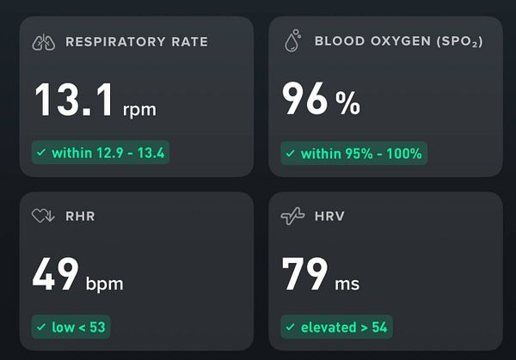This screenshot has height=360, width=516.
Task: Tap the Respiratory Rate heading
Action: point(136,42)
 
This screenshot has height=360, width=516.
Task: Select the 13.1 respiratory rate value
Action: point(74,100)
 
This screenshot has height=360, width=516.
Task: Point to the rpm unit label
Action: point(139,109)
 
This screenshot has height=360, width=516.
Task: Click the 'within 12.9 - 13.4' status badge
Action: point(101,153)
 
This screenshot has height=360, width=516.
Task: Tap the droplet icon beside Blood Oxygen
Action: point(292,40)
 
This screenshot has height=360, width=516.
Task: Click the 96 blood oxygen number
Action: point(305,100)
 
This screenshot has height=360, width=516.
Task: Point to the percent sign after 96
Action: point(347,103)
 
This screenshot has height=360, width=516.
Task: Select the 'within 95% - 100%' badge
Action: point(353,154)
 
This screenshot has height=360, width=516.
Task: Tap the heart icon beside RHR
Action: point(43,216)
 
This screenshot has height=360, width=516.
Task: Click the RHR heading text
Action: point(80,217)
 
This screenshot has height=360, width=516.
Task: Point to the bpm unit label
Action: point(106,283)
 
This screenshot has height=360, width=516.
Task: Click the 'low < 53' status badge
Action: point(71,326)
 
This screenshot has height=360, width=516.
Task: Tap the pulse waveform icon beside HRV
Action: point(292,217)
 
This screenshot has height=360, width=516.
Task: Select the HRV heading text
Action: point(330,217)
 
